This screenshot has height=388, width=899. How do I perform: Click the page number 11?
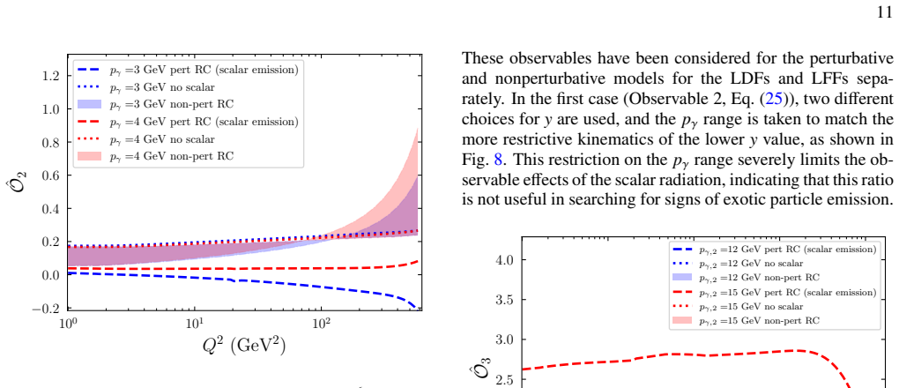[886, 12]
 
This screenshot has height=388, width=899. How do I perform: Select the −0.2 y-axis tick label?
[50, 309]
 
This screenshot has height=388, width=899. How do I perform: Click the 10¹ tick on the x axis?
[196, 322]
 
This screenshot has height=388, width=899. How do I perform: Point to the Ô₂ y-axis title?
[22, 176]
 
